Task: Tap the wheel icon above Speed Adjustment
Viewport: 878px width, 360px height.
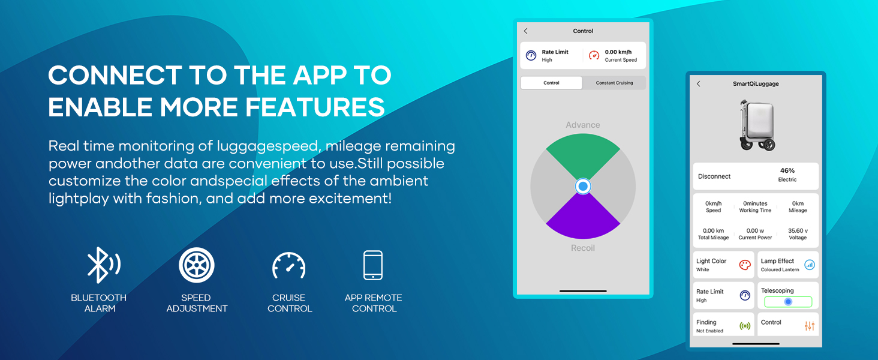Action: click(x=196, y=265)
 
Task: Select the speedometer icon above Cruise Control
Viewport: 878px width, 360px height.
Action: click(x=289, y=265)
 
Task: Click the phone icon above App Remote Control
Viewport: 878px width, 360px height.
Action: click(x=373, y=265)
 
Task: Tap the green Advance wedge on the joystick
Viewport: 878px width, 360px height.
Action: click(x=583, y=153)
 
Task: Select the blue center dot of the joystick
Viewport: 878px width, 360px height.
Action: click(x=583, y=186)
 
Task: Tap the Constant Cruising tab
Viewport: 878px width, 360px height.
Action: click(x=614, y=83)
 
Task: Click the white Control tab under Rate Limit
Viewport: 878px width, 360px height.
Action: click(x=551, y=83)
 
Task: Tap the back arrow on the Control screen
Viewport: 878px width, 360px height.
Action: click(x=525, y=31)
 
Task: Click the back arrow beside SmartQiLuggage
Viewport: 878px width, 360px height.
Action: click(x=698, y=83)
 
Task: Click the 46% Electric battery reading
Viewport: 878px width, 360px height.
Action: click(x=787, y=175)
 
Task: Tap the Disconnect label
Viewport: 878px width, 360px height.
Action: click(x=714, y=176)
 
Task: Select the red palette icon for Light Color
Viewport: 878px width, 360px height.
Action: click(x=745, y=265)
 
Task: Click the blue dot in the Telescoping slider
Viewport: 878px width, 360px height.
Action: click(x=788, y=302)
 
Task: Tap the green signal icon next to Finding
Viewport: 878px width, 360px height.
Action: click(x=745, y=326)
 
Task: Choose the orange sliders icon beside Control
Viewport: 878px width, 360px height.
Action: click(x=810, y=326)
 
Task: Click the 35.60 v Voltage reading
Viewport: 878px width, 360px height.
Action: click(x=798, y=234)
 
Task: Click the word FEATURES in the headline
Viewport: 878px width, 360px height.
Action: click(x=315, y=107)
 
